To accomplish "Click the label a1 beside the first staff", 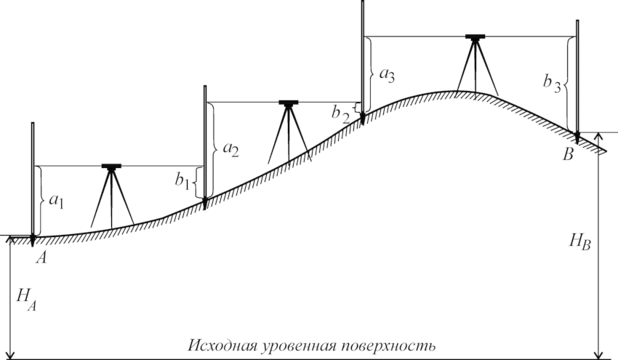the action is tap(57, 201).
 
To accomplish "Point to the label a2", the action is tap(231, 149).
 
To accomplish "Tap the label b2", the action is tap(340, 115).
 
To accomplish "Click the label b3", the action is tap(552, 84).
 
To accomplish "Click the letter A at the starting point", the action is tap(41, 258).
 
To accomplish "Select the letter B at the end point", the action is tap(568, 155).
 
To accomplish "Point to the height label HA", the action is tap(26, 299).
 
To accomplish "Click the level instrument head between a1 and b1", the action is tap(111, 166).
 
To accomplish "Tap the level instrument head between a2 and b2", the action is tap(289, 103).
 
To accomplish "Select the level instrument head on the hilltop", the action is tap(475, 37).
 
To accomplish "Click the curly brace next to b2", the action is tap(356, 108).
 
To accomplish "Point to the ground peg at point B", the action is tap(577, 138).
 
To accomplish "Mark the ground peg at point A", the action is tap(33, 241).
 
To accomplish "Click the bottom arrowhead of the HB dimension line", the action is tap(598, 355).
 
